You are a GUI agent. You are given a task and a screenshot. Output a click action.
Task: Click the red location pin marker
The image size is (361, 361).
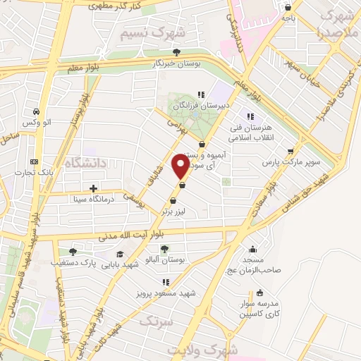tap(180, 166)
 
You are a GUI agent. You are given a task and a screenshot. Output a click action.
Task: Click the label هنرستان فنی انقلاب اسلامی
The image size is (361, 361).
tap(248, 133)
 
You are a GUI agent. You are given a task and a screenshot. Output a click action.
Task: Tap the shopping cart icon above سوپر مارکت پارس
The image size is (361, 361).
tap(290, 151)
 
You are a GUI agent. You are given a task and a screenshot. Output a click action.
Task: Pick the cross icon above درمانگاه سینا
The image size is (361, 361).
tap(93, 188)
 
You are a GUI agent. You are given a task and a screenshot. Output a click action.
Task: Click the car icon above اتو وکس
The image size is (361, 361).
tap(35, 111)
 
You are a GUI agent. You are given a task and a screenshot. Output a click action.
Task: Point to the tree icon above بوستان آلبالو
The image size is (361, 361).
tap(164, 248)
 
